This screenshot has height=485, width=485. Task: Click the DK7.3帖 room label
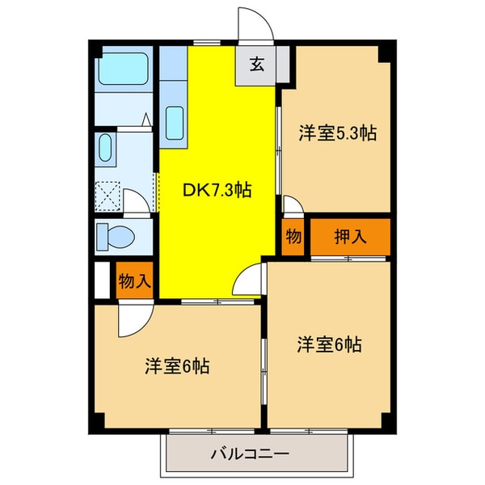(x=217, y=192)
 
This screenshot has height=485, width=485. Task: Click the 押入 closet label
(x=351, y=237)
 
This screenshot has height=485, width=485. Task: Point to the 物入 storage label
(x=133, y=281)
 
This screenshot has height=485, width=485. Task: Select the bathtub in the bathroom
(x=124, y=71)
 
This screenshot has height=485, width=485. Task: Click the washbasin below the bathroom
(x=106, y=149)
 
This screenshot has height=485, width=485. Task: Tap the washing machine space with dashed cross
(x=108, y=196)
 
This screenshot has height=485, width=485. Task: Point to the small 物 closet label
(x=293, y=237)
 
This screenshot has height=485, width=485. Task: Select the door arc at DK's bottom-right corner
(x=247, y=283)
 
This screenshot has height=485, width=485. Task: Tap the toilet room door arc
(x=139, y=203)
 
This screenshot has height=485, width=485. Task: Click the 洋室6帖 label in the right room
(x=328, y=345)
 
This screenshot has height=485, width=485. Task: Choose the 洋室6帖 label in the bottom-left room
(x=178, y=366)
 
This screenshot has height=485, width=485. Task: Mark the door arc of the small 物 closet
(x=293, y=207)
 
